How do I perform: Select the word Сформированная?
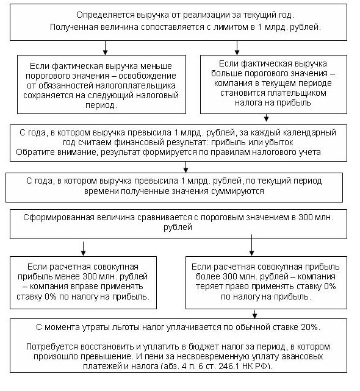click(57, 217)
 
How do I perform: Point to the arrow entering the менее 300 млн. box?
click(82, 248)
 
